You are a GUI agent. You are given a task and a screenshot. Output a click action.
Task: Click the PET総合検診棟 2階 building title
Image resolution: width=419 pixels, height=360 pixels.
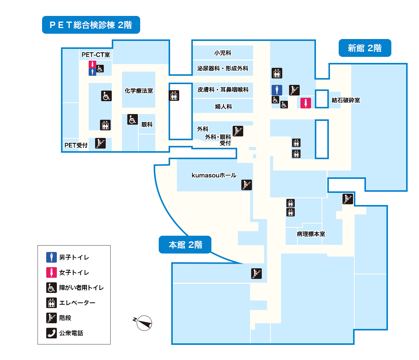tap(91, 25)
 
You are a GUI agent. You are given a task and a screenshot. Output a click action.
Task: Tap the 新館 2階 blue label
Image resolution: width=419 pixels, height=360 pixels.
tap(364, 48)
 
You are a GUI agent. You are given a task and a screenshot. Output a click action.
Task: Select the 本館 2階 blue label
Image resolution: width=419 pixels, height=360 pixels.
tap(185, 245)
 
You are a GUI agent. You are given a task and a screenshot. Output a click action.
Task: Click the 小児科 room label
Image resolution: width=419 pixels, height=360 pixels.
tap(223, 53)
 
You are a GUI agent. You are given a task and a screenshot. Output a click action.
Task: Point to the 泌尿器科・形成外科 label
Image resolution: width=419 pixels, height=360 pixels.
tap(223, 69)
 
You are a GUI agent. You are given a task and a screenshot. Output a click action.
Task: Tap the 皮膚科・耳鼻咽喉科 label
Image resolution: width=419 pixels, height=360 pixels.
tap(223, 90)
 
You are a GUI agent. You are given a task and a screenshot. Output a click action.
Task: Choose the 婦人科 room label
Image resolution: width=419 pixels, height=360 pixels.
tap(223, 106)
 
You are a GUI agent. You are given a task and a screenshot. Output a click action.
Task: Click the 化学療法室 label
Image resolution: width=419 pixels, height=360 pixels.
tap(139, 91)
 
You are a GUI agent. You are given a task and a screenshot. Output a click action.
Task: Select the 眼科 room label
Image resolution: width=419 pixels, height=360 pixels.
tap(147, 124)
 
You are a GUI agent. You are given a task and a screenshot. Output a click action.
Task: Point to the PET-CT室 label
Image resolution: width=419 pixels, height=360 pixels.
tap(95, 55)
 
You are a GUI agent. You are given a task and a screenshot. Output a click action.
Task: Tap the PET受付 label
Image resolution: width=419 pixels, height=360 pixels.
tap(76, 145)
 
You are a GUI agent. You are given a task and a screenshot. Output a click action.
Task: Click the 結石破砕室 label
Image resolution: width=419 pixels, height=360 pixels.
tap(346, 100)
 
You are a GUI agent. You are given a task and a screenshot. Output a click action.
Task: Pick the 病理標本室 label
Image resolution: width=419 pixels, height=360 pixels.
tap(311, 234)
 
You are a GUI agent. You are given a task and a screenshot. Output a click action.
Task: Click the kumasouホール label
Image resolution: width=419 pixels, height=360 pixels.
tap(214, 175)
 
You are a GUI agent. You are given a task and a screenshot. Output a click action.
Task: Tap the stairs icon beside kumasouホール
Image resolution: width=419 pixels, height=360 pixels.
tap(247, 185)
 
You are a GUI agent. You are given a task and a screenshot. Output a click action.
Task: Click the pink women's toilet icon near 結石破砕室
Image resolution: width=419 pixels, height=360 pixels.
tap(306, 103)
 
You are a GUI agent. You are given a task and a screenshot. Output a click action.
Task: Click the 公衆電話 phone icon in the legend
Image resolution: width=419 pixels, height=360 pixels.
tap(51, 333)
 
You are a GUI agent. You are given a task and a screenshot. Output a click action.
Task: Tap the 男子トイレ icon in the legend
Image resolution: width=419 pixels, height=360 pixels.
tap(51, 257)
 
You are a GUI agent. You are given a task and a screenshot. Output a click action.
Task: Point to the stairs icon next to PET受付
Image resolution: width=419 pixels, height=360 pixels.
tap(100, 143)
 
